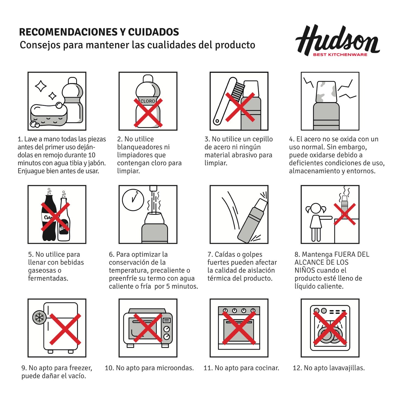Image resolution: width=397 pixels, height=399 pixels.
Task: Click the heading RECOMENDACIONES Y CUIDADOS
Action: pos(99,32)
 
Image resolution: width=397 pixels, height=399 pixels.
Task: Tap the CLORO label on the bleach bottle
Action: pos(148,101)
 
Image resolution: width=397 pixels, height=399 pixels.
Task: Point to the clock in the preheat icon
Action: pos(133,199)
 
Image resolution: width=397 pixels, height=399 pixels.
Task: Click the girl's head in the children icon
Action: pos(316,209)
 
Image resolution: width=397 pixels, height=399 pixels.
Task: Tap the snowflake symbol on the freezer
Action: pos(39,317)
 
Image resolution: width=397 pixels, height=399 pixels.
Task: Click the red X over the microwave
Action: pos(148,328)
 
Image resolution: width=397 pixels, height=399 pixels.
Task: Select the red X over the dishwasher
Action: pos(330,328)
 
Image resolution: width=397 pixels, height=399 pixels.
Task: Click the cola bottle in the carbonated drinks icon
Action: pos(49,217)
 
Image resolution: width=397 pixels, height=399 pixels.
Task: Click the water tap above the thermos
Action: pos(153,188)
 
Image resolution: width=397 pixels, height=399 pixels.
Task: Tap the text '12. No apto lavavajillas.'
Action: pos(329,368)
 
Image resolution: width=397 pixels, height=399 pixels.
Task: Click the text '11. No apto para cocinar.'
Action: pos(241,368)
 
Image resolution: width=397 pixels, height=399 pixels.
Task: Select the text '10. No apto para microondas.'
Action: pos(149,368)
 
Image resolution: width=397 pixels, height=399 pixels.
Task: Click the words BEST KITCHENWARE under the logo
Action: pos(340,54)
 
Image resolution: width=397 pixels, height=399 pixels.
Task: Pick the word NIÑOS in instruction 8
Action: pos(304,270)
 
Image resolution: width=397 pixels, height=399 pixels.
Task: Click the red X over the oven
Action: pos(239,328)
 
